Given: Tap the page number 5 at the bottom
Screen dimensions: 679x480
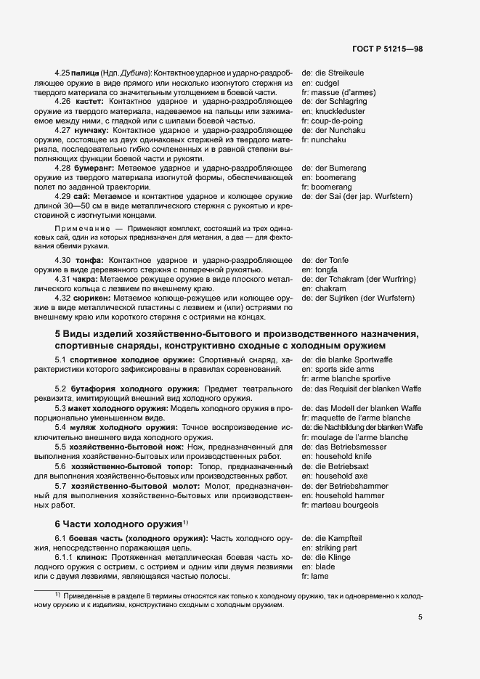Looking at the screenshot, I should coord(420,618).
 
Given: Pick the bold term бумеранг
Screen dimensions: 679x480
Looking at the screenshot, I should coord(93,168).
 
